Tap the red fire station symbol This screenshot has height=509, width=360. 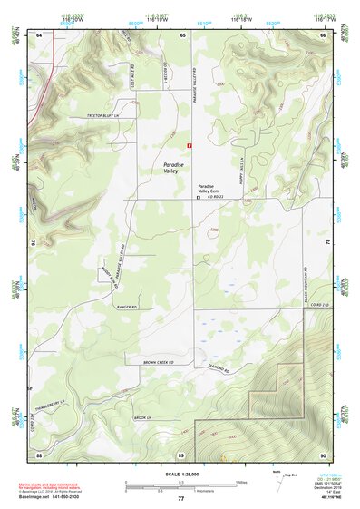click(x=189, y=144)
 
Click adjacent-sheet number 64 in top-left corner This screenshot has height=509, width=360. click(x=39, y=34)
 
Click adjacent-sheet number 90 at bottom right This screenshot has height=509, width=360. click(x=322, y=454)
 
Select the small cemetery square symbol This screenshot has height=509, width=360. click(x=199, y=208)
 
